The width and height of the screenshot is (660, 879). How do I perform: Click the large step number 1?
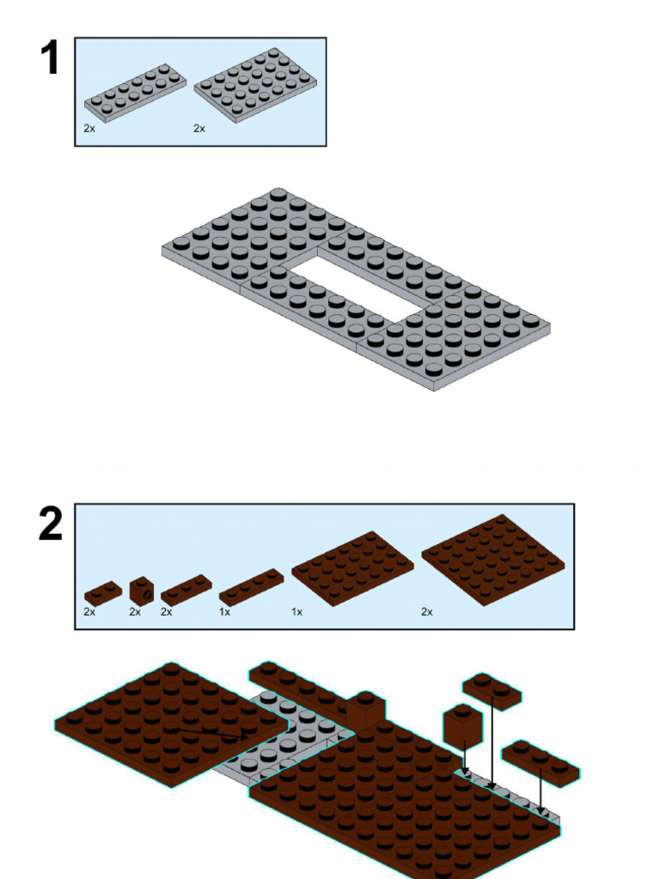point(50,58)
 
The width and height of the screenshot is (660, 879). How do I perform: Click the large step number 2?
point(51,524)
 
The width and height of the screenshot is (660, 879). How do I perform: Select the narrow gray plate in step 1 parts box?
point(136,93)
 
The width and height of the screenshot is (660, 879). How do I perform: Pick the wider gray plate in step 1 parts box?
point(255,84)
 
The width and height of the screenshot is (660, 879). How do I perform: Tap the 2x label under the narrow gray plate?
point(89,128)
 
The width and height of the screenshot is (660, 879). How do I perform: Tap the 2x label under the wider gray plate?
point(199,128)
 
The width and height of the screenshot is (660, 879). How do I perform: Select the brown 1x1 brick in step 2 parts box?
point(142,590)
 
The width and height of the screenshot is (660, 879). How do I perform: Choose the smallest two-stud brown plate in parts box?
point(102,593)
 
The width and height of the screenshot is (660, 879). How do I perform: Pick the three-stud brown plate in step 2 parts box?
point(186,590)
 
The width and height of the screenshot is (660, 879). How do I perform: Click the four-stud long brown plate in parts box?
point(251,587)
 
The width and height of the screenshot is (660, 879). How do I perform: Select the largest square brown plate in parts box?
point(492,559)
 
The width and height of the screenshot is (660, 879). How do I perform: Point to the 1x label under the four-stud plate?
point(225,612)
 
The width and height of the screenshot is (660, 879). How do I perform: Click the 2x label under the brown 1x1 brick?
point(135,612)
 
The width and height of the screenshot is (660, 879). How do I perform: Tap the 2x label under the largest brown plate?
point(427,612)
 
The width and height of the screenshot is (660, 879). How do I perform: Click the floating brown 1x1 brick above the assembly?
point(462,725)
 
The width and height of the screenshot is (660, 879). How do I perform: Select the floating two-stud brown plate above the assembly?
point(492,691)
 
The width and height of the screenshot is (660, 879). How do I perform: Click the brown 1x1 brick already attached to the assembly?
point(365,709)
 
